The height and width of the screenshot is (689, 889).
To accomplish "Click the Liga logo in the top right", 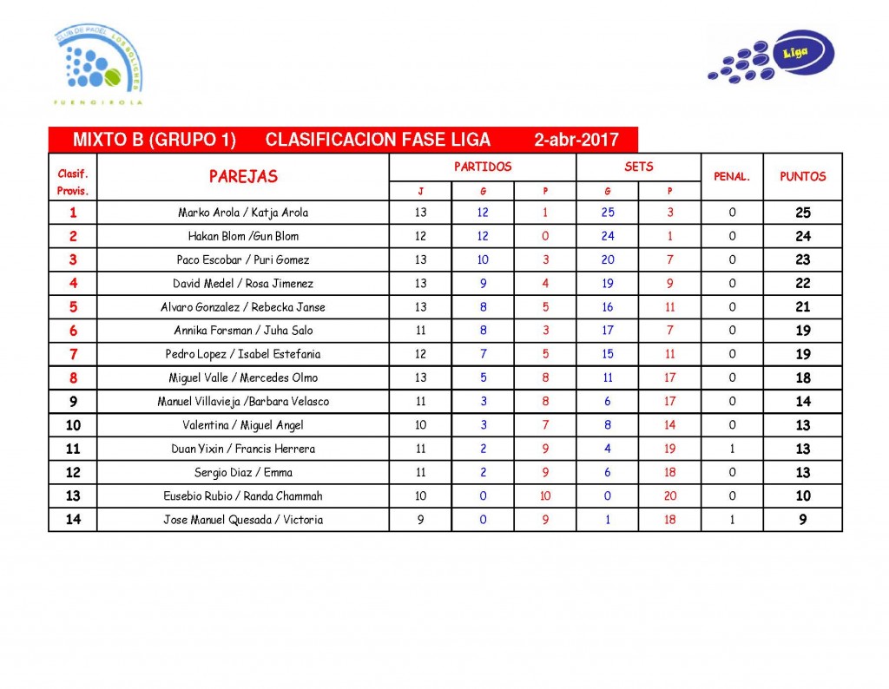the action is [x=772, y=58].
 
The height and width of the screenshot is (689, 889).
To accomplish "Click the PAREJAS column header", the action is [x=243, y=177].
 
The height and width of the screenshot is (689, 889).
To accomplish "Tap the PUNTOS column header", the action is [x=802, y=176].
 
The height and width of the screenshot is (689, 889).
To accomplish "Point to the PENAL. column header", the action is [x=732, y=176].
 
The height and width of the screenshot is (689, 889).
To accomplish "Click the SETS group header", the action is [x=638, y=167].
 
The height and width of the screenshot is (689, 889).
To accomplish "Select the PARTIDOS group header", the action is [x=483, y=167].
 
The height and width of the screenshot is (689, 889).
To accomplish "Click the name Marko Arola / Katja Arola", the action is [x=243, y=213].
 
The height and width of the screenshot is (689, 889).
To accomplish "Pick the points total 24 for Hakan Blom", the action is [x=802, y=236].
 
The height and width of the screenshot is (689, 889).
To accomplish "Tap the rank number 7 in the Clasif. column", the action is [x=73, y=354].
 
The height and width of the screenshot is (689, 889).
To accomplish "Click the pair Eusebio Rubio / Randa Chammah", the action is [x=243, y=496].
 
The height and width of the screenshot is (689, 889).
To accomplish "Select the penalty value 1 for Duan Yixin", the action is [x=732, y=449].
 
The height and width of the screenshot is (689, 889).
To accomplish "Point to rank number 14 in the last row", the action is [x=73, y=520].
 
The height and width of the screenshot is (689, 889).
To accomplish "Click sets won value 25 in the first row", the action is [x=607, y=213].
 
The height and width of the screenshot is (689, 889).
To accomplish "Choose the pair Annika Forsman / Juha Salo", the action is [x=243, y=331].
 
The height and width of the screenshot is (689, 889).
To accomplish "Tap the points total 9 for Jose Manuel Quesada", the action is [x=802, y=520].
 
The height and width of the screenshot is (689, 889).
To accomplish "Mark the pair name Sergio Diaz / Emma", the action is [x=243, y=473].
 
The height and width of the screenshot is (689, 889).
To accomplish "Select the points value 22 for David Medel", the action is [x=802, y=284].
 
